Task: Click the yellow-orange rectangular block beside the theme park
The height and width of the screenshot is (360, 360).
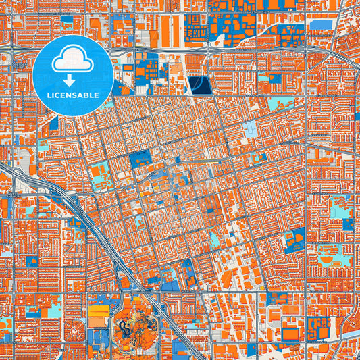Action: pyautogui.click(x=99, y=312)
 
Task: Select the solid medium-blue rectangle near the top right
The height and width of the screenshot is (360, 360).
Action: pyautogui.click(x=324, y=25)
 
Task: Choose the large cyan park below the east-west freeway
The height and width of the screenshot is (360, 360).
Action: pyautogui.click(x=279, y=103)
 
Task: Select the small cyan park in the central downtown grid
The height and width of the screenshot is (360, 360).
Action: pyautogui.click(x=215, y=238)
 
